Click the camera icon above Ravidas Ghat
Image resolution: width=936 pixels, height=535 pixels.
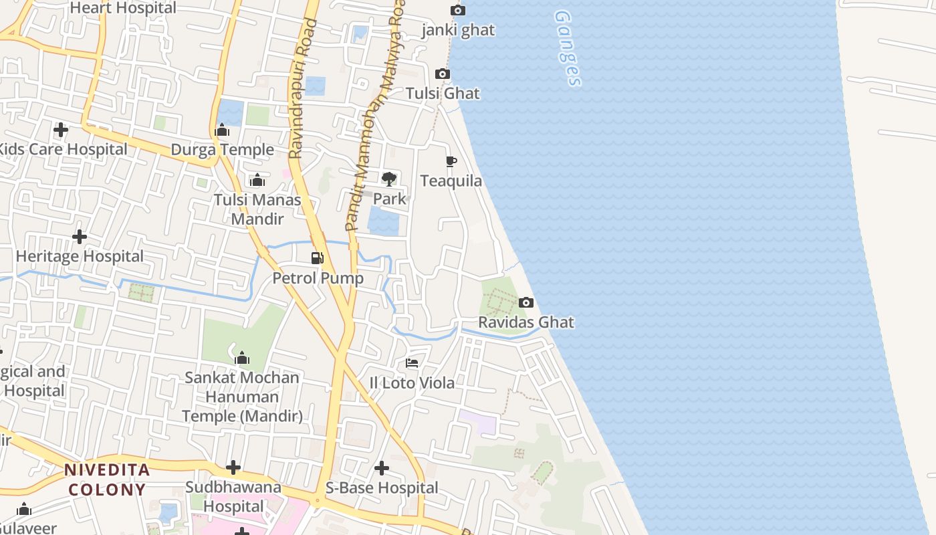click(526, 303)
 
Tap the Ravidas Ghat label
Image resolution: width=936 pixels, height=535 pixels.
click(526, 322)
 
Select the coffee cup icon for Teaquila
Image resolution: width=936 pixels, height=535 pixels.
click(451, 161)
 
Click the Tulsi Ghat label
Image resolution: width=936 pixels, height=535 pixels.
click(443, 94)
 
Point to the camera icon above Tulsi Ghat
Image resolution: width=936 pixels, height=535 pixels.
click(443, 74)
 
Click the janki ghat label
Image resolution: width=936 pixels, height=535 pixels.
click(458, 30)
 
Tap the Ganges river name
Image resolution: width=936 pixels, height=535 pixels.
click(568, 48)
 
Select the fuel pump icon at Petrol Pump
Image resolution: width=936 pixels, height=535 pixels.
click(318, 258)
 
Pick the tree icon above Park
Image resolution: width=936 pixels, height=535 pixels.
click(389, 179)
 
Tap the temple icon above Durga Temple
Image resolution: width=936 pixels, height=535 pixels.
click(222, 130)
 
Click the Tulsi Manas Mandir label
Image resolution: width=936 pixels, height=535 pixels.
click(257, 209)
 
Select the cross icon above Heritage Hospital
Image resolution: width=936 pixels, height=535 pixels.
click(80, 237)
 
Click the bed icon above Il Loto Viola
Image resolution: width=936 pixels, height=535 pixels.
click(412, 363)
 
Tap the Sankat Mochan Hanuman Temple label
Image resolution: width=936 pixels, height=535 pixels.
click(242, 397)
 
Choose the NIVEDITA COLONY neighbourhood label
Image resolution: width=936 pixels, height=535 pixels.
click(107, 479)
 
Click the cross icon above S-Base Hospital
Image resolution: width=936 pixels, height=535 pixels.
click(382, 468)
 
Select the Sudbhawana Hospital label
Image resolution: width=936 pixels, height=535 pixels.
click(233, 496)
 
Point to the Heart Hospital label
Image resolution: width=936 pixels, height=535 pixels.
click(123, 8)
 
